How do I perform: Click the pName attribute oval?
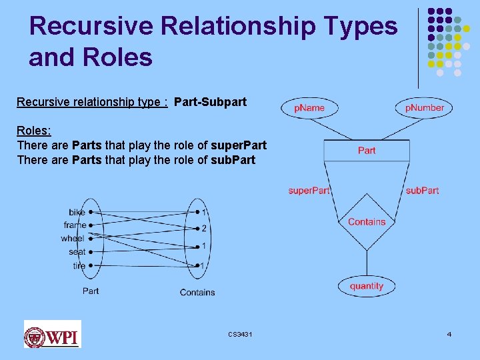click(x=309, y=107)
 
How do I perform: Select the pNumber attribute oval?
click(x=425, y=107)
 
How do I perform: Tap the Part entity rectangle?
click(x=367, y=150)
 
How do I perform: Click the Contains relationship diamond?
click(x=367, y=221)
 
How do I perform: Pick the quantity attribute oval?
click(x=367, y=286)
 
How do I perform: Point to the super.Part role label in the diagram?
click(x=309, y=191)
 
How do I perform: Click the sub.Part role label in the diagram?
click(x=422, y=191)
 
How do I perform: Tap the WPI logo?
click(x=52, y=334)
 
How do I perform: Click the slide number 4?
click(x=449, y=333)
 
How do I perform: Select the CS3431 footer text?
click(x=239, y=333)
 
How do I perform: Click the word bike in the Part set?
click(x=77, y=212)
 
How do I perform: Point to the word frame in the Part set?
click(x=75, y=225)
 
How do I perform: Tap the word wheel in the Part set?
click(x=72, y=239)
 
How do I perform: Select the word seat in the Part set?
click(x=77, y=252)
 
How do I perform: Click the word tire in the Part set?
click(x=79, y=265)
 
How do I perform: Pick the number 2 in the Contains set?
click(x=203, y=229)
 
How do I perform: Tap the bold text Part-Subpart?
click(x=210, y=102)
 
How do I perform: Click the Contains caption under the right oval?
click(x=197, y=292)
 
